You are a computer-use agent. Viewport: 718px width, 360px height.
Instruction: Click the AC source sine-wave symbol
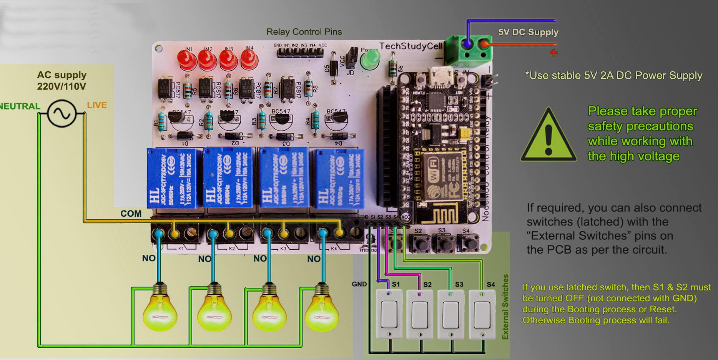[61, 113]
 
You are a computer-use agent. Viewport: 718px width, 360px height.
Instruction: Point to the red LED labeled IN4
[249, 60]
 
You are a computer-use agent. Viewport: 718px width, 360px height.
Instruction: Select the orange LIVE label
[97, 105]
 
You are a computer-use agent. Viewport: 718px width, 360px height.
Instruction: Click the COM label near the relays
[131, 214]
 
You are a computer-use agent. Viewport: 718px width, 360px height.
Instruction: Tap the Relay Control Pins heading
[304, 32]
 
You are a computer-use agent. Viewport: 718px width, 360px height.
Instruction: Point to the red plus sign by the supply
[553, 53]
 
